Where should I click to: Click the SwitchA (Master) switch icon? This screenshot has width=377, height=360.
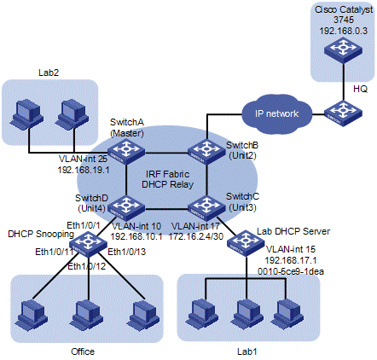point(126,153)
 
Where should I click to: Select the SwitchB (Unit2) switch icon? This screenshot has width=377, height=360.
point(206,153)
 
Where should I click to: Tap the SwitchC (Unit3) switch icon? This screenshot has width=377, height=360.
point(206,208)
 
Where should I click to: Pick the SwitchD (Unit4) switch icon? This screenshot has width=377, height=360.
point(126,208)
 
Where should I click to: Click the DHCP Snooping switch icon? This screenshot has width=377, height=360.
point(88,244)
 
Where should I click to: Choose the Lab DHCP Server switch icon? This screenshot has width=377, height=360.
point(246,244)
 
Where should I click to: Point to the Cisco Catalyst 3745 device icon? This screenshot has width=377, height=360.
point(343,50)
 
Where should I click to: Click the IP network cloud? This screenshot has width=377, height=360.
point(276,114)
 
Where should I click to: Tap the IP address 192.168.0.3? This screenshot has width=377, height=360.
point(343,31)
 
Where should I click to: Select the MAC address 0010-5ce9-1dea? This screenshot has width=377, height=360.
point(291,271)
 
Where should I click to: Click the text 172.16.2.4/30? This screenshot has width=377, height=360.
point(196,236)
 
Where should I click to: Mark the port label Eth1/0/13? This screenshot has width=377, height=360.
point(127,252)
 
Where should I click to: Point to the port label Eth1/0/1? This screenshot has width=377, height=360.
point(84,225)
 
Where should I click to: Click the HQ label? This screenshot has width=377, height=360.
point(360,90)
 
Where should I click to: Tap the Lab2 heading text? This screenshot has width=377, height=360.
point(49,73)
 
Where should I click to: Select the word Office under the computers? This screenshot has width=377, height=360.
point(83,351)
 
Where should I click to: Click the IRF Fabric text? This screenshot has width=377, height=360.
point(167,174)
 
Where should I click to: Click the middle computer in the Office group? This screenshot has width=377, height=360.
point(86,314)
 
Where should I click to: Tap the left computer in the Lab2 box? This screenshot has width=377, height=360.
point(26,114)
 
